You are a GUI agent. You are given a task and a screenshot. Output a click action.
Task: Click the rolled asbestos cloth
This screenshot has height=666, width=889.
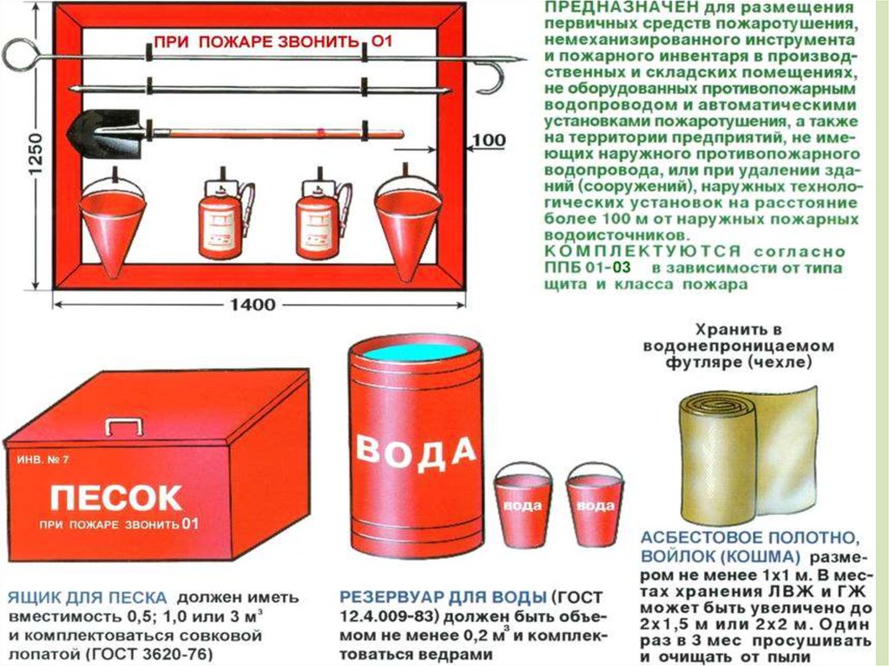click(x=747, y=452)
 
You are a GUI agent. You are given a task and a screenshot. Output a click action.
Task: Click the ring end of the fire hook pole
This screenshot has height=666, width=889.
click(x=16, y=54)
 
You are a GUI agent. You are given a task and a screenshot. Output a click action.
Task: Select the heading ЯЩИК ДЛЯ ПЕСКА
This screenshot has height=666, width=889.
click(x=88, y=597)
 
